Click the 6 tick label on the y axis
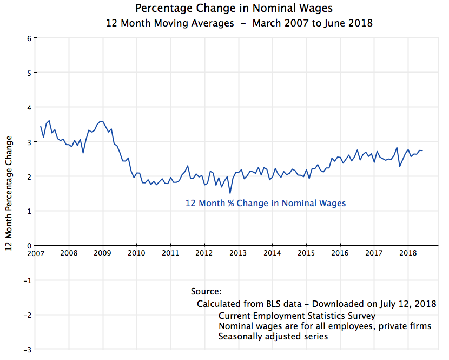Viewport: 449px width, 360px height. click(29, 38)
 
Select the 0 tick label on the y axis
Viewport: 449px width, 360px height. click(29, 246)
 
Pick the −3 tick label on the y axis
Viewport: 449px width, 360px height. click(27, 349)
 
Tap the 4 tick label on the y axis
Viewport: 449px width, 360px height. click(29, 107)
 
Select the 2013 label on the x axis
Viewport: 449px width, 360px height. click(239, 253)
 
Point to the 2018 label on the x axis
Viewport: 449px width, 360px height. click(408, 253)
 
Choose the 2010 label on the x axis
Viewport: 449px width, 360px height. click(137, 253)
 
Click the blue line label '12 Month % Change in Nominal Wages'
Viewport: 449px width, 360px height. click(266, 204)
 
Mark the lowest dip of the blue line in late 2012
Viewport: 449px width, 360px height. click(230, 193)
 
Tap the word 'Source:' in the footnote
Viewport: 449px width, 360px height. click(206, 292)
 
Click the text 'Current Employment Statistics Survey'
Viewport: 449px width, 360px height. click(297, 316)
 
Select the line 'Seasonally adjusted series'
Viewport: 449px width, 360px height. click(273, 336)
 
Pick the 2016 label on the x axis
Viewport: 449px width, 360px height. click(340, 253)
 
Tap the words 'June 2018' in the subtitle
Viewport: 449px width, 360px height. click(348, 23)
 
